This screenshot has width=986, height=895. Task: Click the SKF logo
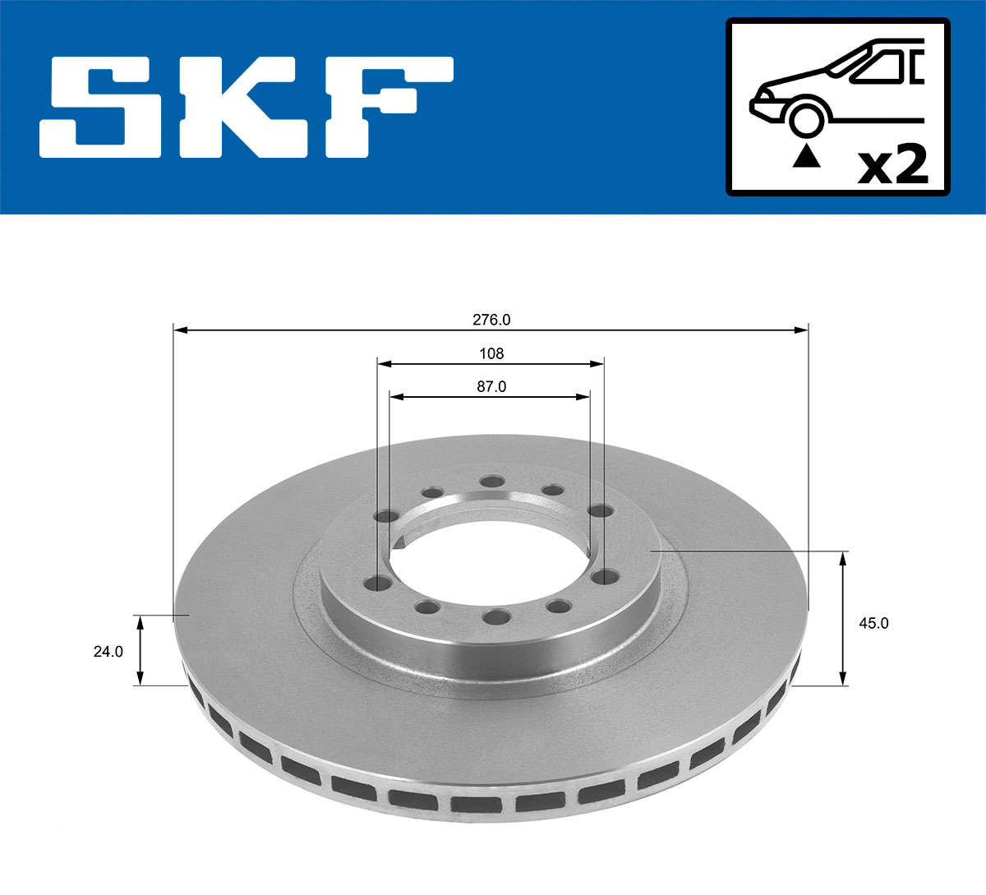246,107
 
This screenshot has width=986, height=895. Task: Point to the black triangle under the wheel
806,156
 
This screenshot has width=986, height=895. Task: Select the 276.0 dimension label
491,320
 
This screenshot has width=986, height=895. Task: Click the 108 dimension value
491,353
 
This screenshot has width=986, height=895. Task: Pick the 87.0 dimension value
491,387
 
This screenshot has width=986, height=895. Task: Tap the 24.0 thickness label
108,651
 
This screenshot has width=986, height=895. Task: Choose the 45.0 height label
873,623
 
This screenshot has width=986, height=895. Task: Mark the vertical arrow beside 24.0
141,649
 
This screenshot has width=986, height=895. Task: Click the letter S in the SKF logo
99,107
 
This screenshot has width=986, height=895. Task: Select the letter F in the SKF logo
386,107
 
